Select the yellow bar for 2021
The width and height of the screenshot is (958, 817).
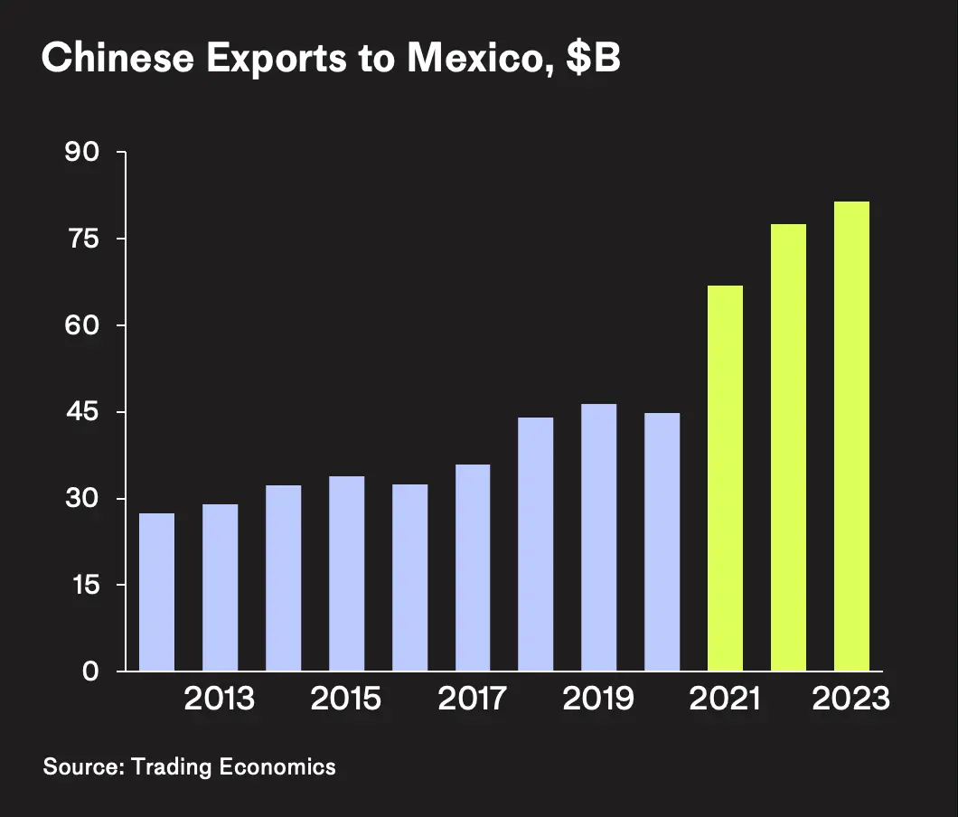pos(725,479)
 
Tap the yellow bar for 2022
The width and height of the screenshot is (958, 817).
pos(788,448)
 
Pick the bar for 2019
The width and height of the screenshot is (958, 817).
pos(598,538)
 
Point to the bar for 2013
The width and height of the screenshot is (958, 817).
pos(220,587)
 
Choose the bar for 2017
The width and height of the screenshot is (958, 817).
pos(473,568)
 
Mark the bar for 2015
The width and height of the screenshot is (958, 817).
pos(346,574)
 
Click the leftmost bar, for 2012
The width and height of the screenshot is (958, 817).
pos(156,592)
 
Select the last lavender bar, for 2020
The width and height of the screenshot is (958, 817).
pos(662,542)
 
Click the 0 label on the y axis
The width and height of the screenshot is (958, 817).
pos(90,671)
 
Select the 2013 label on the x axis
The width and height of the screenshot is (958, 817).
pos(220,700)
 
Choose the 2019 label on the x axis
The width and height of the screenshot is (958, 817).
pos(598,700)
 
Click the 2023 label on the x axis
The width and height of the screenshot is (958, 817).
pos(851,700)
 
